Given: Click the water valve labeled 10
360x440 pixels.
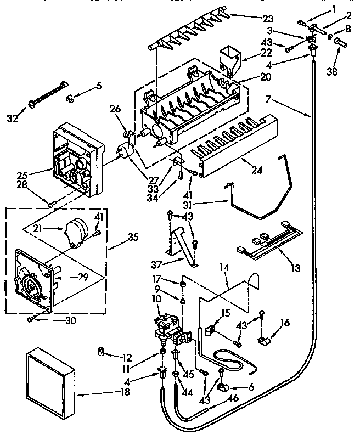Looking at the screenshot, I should (x=167, y=327).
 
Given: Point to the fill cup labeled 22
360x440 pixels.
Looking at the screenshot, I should (x=229, y=59).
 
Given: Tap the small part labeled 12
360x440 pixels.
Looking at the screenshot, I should (x=101, y=350).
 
